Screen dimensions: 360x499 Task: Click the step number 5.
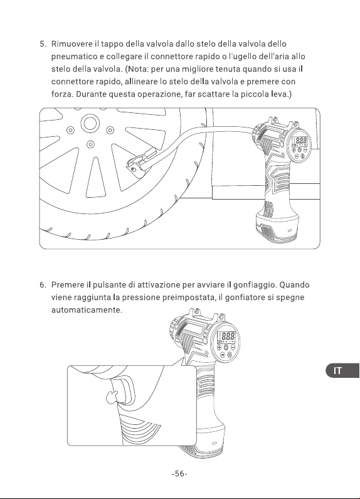pyautogui.click(x=43, y=44)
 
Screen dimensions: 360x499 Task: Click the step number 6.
pyautogui.click(x=43, y=285)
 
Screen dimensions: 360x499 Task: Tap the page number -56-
pyautogui.click(x=179, y=474)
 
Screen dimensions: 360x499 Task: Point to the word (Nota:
pyautogui.click(x=137, y=69)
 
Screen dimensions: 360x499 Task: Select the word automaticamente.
pyautogui.click(x=87, y=310)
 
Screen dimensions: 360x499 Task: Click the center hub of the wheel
pyautogui.click(x=89, y=123)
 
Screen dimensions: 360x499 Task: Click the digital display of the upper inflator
pyautogui.click(x=300, y=141)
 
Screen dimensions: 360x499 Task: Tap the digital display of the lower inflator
pyautogui.click(x=226, y=336)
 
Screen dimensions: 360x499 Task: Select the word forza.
pyautogui.click(x=62, y=94)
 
